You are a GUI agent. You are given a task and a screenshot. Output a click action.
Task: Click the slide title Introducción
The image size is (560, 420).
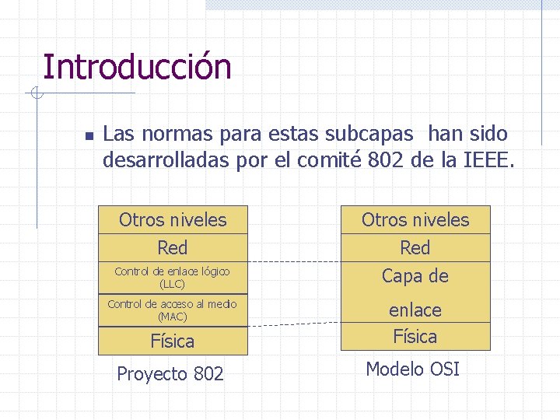(137, 67)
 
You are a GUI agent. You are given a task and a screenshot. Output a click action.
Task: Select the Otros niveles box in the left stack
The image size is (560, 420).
(173, 220)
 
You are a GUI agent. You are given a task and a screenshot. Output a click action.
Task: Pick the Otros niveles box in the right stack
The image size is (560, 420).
(415, 220)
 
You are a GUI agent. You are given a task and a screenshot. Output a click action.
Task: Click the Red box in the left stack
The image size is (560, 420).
(173, 248)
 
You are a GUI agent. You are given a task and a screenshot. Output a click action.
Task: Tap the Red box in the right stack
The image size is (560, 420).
(415, 248)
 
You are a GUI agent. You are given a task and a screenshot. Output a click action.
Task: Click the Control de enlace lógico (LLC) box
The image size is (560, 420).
(173, 278)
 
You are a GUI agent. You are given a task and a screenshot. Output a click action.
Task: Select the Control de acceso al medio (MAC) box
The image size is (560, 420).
(173, 310)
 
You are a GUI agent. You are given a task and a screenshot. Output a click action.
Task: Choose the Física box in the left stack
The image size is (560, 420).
(173, 341)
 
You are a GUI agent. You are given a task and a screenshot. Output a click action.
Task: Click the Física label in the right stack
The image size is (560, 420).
(415, 337)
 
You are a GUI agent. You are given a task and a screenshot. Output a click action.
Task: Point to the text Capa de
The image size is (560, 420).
(415, 276)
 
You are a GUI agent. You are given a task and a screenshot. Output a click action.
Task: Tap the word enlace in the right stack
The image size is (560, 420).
(415, 310)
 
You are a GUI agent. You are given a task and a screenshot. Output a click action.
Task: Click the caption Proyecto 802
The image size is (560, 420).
(170, 374)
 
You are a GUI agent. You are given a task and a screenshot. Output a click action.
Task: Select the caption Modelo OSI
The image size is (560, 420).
(413, 369)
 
